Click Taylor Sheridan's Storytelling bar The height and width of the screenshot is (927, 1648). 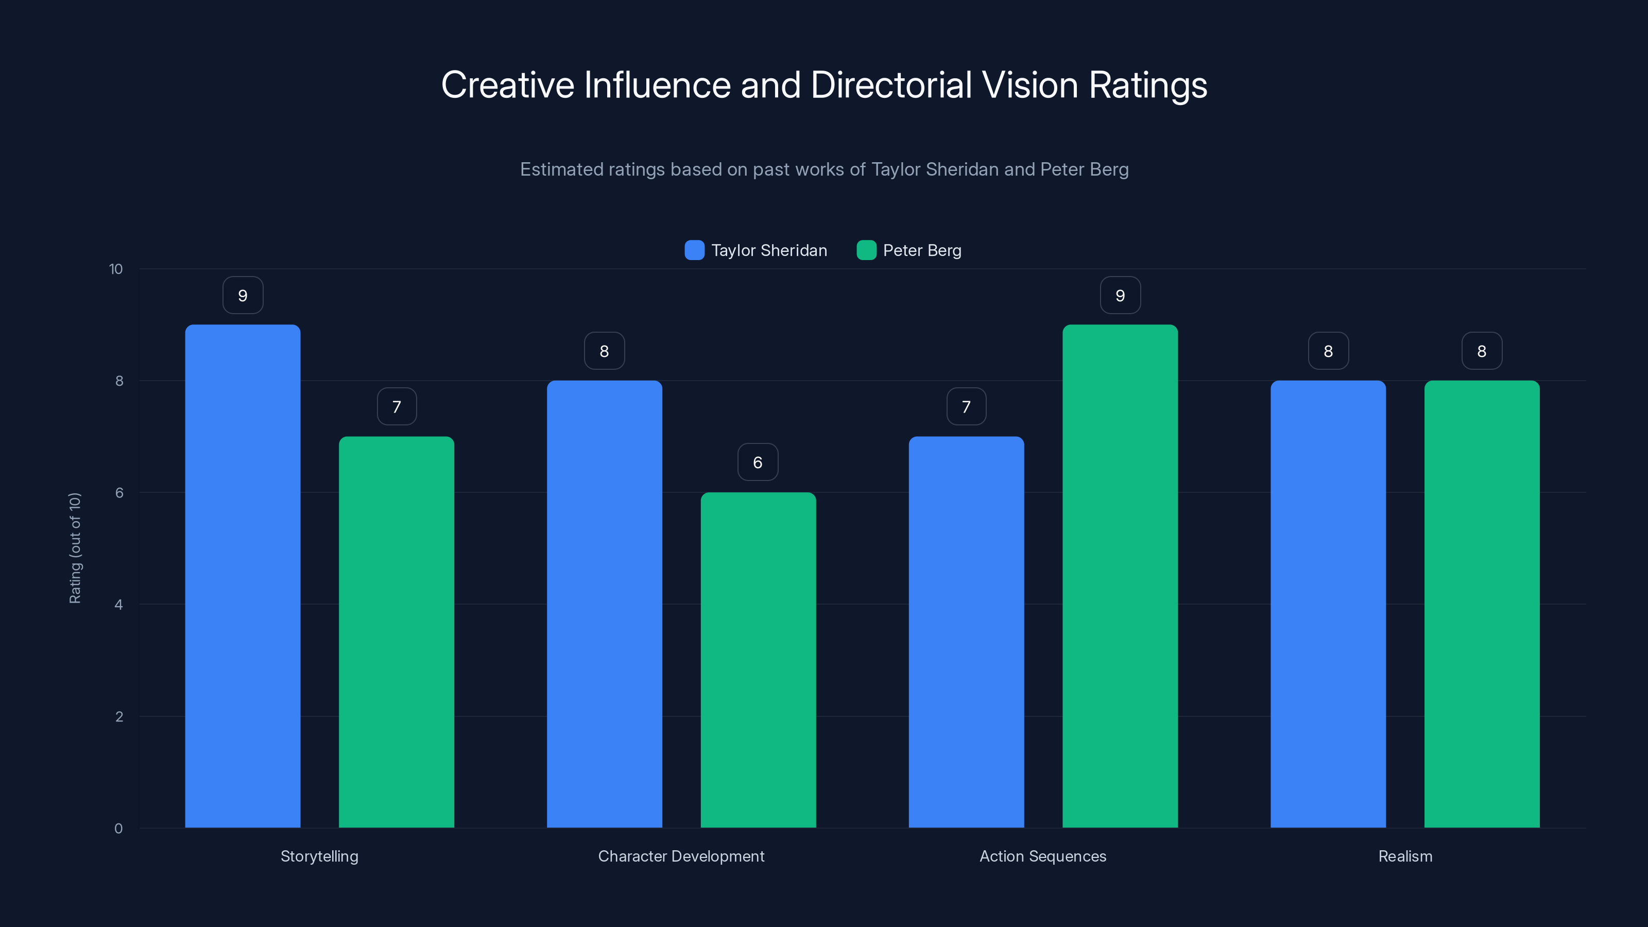pyautogui.click(x=243, y=576)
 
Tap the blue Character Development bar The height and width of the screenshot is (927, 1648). pyautogui.click(x=604, y=604)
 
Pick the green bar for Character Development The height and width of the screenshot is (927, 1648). pyautogui.click(x=758, y=660)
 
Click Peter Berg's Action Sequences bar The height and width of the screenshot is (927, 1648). pyautogui.click(x=1120, y=576)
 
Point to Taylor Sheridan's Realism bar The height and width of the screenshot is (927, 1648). pyautogui.click(x=1328, y=604)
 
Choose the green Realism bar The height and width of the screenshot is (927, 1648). pyautogui.click(x=1482, y=604)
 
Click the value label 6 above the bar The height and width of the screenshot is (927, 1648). pyautogui.click(x=758, y=462)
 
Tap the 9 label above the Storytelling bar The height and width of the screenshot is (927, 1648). pyautogui.click(x=243, y=295)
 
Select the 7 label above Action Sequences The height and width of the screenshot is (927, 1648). pyautogui.click(x=966, y=406)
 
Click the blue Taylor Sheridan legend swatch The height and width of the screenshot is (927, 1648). pyautogui.click(x=694, y=250)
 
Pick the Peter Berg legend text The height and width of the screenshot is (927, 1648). pyautogui.click(x=922, y=250)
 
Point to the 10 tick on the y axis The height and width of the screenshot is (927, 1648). pyautogui.click(x=116, y=269)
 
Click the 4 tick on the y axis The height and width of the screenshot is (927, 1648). pyautogui.click(x=118, y=605)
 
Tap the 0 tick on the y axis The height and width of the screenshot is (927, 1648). pyautogui.click(x=118, y=829)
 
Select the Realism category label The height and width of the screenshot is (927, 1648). pyautogui.click(x=1405, y=856)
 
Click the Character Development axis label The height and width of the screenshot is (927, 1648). pyautogui.click(x=681, y=856)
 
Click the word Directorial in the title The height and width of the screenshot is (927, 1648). pyautogui.click(x=890, y=84)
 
